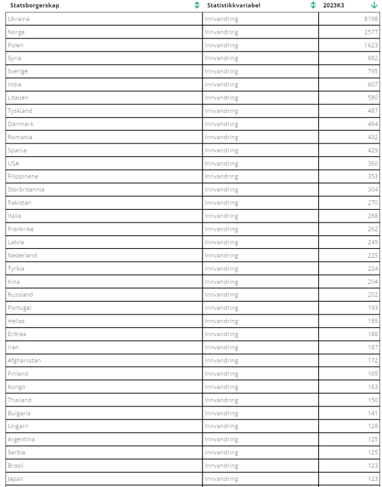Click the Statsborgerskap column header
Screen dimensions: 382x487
35,5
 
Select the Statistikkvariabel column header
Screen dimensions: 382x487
234,5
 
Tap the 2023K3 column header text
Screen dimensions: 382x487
333,5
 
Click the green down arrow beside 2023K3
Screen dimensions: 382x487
374,5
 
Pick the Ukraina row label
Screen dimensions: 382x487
18,19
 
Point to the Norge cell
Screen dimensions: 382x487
16,32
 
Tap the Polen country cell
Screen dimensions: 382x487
16,45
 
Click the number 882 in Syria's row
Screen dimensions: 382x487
372,58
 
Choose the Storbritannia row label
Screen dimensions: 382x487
26,189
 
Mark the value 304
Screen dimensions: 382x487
372,189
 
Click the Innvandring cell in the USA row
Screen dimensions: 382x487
221,164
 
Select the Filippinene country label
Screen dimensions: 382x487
23,177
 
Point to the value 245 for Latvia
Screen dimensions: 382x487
372,242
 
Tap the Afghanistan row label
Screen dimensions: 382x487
24,361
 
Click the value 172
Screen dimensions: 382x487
372,361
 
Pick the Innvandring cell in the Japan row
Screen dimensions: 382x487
221,479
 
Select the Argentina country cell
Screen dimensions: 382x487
21,440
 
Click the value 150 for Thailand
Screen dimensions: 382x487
372,400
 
